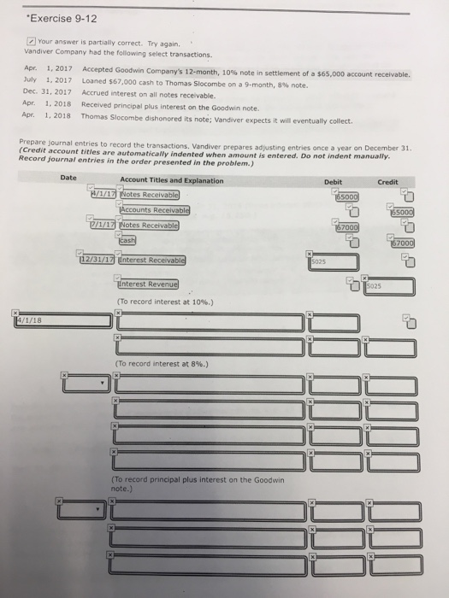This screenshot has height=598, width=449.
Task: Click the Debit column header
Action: click(333, 181)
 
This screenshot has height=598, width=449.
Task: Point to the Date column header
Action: click(68, 178)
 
